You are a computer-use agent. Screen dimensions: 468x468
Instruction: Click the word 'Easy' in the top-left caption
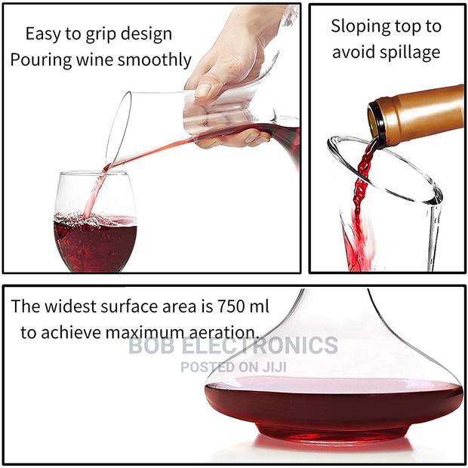[x=44, y=34]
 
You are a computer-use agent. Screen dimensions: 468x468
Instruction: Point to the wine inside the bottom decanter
[x=332, y=404]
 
